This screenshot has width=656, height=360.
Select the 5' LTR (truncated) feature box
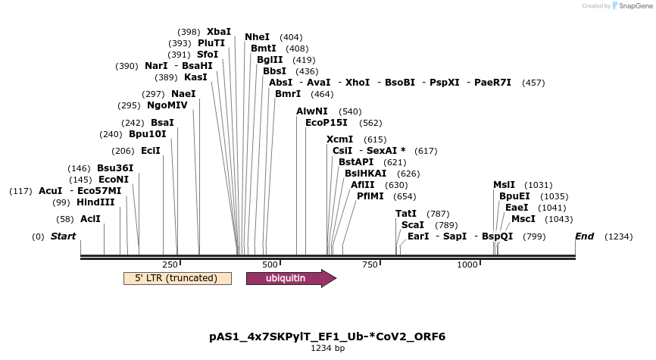coord(177,278)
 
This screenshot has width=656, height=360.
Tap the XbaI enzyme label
coord(219,32)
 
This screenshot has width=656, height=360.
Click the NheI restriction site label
coord(257,37)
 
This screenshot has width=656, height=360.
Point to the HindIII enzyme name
coord(95,202)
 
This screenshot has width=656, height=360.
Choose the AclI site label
coord(90,219)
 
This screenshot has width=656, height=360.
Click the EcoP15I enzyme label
coord(326,123)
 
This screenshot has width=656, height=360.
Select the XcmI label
coord(340,139)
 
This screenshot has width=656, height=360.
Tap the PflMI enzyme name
coord(370,196)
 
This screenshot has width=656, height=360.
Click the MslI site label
coord(504,185)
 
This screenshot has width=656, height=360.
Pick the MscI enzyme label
coord(523,219)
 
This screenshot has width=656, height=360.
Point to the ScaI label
coord(413,225)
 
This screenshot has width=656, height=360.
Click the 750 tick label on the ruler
coord(370,264)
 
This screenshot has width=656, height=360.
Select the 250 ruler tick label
coord(170,264)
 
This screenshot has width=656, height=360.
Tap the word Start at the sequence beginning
coord(64,236)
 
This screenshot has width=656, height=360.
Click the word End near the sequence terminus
coord(584,236)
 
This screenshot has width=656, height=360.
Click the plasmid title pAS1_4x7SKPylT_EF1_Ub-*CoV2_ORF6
coord(327,336)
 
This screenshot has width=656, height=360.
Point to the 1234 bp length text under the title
coord(327,349)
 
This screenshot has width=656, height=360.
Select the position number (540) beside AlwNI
coord(350,111)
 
